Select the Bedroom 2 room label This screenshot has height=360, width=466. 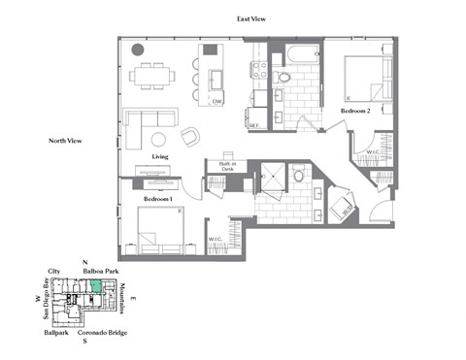[355, 113]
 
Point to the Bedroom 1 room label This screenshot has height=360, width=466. [157, 198]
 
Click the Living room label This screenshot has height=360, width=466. [162, 156]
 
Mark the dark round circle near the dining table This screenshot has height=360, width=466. [137, 49]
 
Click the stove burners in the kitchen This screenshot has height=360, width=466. [259, 69]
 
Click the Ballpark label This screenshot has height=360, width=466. [55, 333]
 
